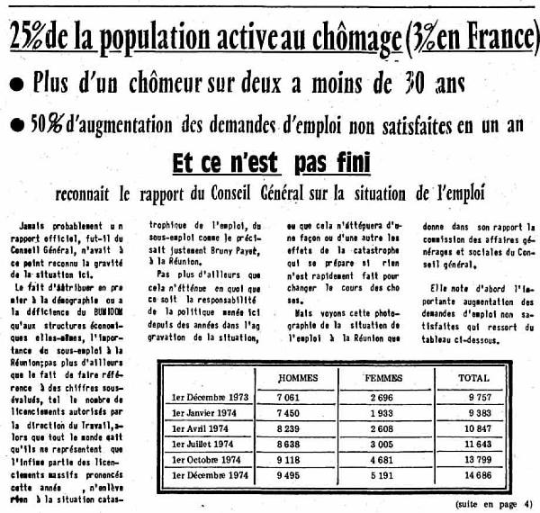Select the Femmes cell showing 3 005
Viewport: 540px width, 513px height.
pyautogui.click(x=383, y=444)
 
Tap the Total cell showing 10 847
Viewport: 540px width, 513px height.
pyautogui.click(x=477, y=427)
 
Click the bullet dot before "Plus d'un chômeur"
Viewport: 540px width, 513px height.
pyautogui.click(x=17, y=85)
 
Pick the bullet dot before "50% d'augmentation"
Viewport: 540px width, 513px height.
pyautogui.click(x=17, y=123)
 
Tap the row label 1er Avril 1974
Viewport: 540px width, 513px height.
pyautogui.click(x=201, y=427)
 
